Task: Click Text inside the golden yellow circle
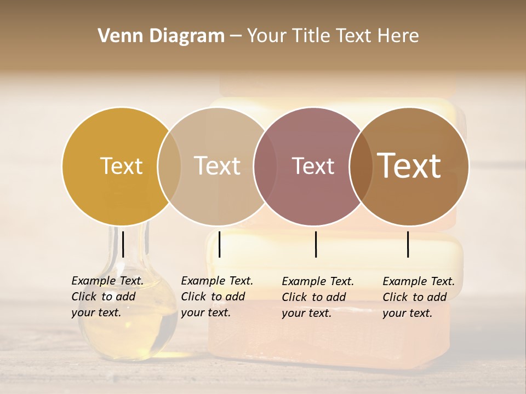121,166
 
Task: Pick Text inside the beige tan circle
218,166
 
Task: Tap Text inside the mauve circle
313,166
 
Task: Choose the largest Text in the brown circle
409,166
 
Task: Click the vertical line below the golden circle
123,244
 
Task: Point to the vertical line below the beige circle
219,244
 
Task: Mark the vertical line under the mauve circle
316,244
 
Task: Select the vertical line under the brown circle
408,244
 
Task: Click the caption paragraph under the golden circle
107,297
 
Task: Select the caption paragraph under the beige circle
216,297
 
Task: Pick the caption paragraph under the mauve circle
317,297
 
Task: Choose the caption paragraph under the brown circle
418,297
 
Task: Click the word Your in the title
266,36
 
